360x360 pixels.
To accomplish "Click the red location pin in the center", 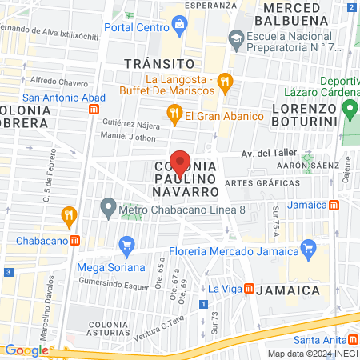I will coord(180,162).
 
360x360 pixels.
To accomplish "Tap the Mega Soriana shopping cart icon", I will coord(126,245).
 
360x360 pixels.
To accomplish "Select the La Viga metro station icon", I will coord(249,288).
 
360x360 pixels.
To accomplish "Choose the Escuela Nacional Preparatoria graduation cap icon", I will coord(236,38).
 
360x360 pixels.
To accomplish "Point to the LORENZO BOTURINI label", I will coord(307,107).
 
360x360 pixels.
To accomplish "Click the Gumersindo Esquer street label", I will coord(115,282).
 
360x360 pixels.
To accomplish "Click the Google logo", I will coord(26,350).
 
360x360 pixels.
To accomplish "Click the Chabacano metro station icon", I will coord(74,239).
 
